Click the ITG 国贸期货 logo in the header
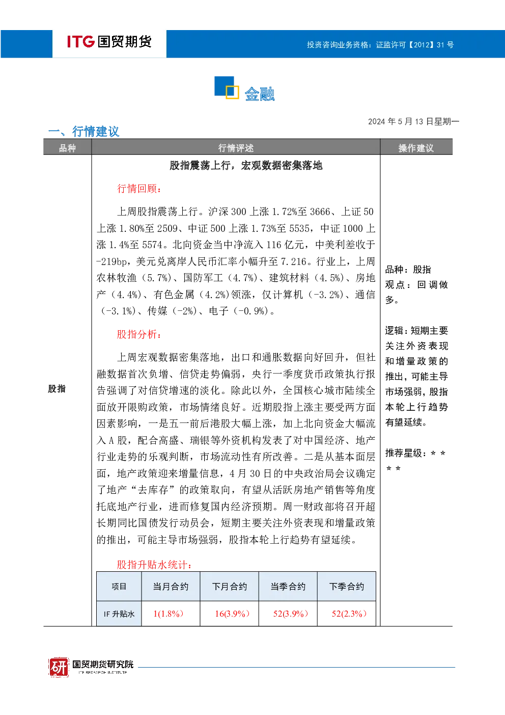pos(109,42)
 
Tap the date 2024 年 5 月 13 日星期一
pos(413,122)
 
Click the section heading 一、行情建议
pos(84,131)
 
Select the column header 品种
pos(67,148)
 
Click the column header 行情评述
pos(236,148)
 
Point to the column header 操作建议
pos(416,148)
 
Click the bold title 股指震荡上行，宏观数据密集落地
pos(246,166)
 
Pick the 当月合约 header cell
pos(171,587)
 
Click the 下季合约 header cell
pos(347,587)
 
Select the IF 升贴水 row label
pos(119,614)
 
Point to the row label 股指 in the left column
pos(57,389)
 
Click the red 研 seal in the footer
pos(59,667)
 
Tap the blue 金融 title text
pos(260,94)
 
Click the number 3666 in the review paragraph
pos(320,211)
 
